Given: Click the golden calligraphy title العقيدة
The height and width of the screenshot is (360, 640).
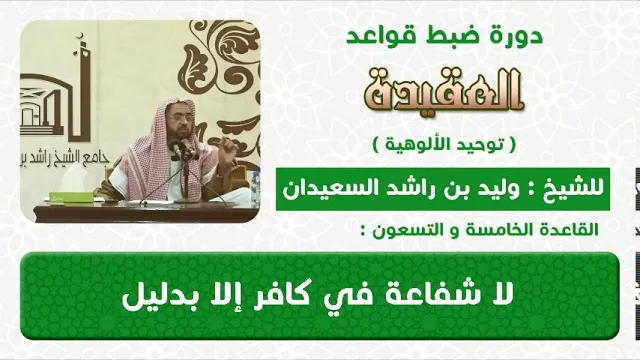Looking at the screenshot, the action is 444,92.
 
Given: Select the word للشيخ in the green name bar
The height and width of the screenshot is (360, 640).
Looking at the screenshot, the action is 579,189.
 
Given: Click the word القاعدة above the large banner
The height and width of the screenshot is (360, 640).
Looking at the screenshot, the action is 568,231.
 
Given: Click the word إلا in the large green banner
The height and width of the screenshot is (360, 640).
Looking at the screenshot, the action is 219,296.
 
